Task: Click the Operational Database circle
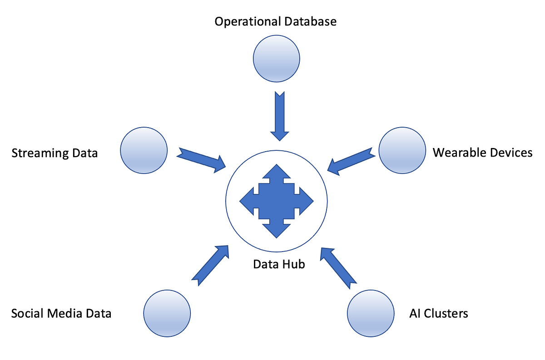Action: click(276, 59)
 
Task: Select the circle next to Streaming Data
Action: click(144, 150)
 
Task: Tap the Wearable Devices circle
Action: click(401, 150)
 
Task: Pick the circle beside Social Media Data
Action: click(167, 314)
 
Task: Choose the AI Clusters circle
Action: click(371, 314)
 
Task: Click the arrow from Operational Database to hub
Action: click(279, 116)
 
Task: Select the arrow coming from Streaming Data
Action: click(202, 159)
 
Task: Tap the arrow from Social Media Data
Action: click(210, 266)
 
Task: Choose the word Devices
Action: click(510, 153)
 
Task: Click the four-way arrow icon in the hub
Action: click(276, 201)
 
